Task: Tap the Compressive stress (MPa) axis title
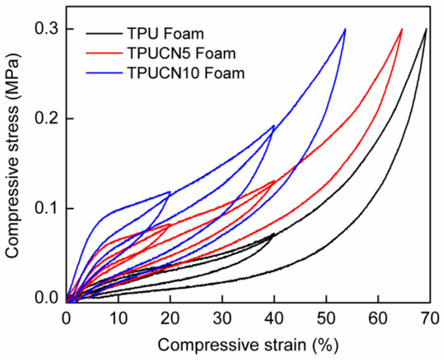click(15, 163)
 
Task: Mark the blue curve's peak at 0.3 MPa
click(345, 29)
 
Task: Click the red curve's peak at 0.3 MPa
click(401, 29)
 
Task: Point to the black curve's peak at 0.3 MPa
click(425, 29)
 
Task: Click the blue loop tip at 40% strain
click(274, 126)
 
